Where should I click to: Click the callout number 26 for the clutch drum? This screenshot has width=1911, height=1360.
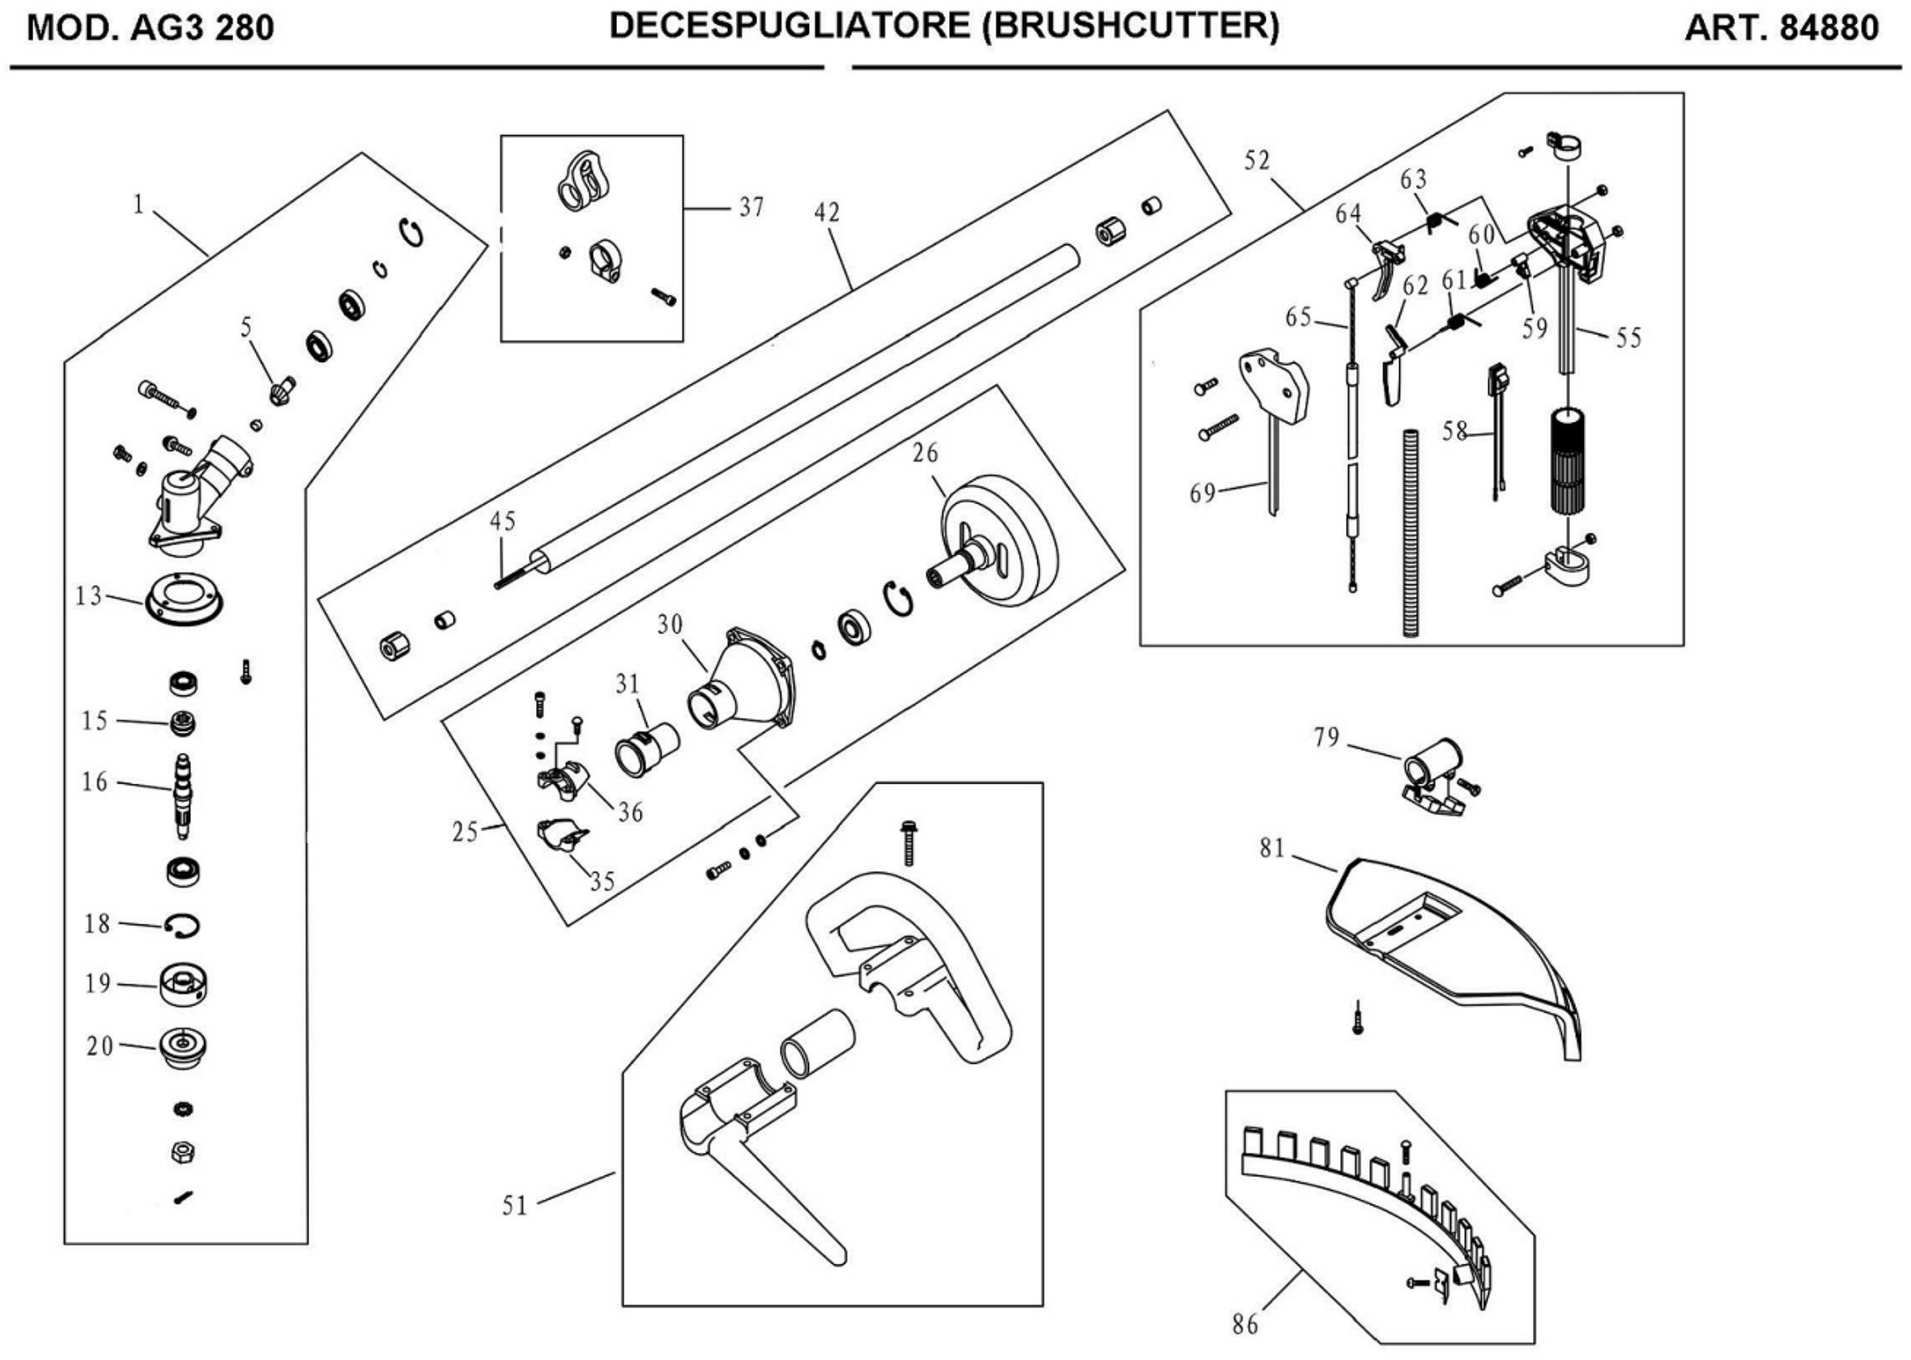tap(925, 453)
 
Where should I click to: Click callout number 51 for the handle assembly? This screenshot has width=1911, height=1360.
tap(514, 1206)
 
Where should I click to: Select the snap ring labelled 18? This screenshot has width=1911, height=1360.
tap(182, 925)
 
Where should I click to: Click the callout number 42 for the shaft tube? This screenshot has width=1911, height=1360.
tap(827, 213)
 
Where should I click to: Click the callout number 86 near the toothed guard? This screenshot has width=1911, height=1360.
tap(1245, 1324)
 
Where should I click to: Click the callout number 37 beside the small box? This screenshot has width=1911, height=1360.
tap(751, 207)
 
